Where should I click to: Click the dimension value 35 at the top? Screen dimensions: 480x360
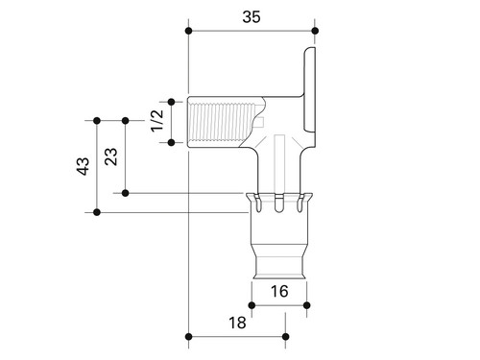(x=252, y=17)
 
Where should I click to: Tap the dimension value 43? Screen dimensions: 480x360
(x=84, y=166)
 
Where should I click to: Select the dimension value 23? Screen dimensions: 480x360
(x=111, y=156)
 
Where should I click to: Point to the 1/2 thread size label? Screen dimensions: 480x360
(x=157, y=121)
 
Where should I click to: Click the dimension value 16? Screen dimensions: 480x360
(x=279, y=291)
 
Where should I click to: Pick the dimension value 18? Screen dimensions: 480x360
(x=237, y=323)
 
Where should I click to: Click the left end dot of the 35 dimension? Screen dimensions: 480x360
(x=189, y=31)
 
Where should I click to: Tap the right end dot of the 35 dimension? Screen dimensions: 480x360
(x=315, y=31)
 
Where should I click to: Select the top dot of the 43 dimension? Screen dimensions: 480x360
(x=97, y=121)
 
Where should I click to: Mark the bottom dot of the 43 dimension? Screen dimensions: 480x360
(x=97, y=212)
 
